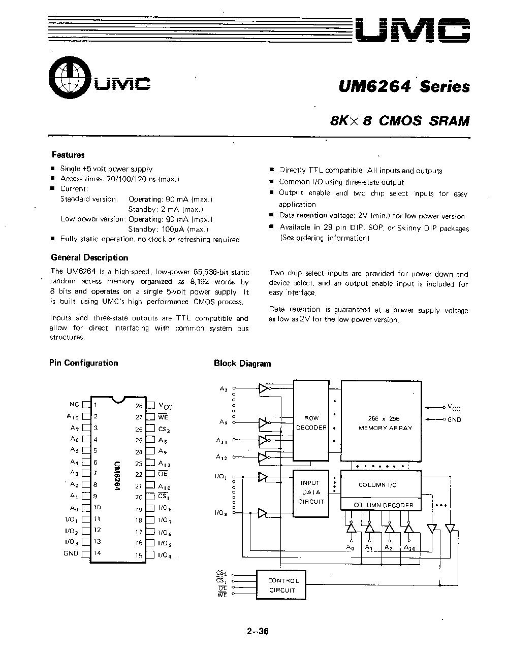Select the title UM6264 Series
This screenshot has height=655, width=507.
pos(404,87)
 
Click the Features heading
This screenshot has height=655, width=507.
pos(68,155)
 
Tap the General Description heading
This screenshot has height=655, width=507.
pos(89,257)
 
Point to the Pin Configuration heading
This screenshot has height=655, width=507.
pos(83,363)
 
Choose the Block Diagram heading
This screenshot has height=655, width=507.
pos(242,363)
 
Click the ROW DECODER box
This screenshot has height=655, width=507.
pos(311,422)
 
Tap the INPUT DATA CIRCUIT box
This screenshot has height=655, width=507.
pos(310,493)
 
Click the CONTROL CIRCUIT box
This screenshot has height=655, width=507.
pos(283,585)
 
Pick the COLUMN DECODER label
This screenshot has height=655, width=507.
pos(384,505)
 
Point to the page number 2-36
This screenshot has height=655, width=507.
pos(257,632)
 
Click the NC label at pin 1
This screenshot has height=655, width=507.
pos(74,404)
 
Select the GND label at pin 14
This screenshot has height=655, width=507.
pos(71,553)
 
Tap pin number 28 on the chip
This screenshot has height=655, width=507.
pos(139,406)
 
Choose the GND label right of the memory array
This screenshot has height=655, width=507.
pos(454,419)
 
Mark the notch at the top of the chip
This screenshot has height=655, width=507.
pos(117,399)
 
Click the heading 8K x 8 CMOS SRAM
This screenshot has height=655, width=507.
pos(399,121)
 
